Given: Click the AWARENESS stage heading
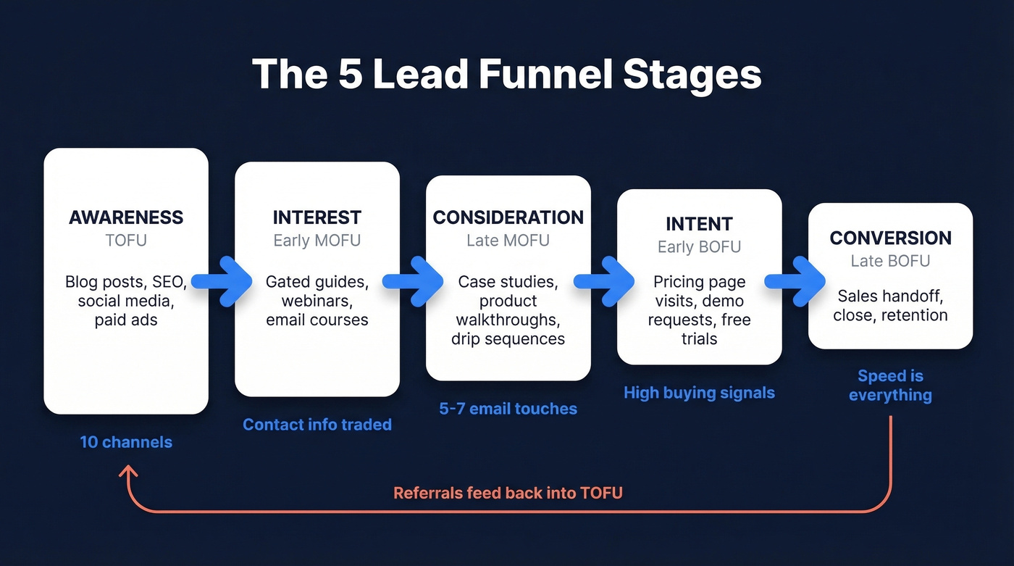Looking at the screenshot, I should pyautogui.click(x=126, y=217).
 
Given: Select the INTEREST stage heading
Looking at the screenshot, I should pyautogui.click(x=317, y=217).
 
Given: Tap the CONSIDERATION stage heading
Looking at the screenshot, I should pyautogui.click(x=508, y=217).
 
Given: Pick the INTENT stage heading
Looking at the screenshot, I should pyautogui.click(x=699, y=224).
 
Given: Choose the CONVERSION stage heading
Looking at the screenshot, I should pyautogui.click(x=890, y=238).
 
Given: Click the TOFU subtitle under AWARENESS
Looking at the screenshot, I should pyautogui.click(x=126, y=241).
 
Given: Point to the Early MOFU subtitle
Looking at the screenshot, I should pyautogui.click(x=317, y=241).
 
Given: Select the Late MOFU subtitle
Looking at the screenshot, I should pyautogui.click(x=508, y=241).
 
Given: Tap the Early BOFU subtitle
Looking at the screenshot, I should pyautogui.click(x=699, y=247).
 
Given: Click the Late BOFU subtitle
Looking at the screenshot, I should pyautogui.click(x=890, y=261).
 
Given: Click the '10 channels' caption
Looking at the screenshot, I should pyautogui.click(x=126, y=441).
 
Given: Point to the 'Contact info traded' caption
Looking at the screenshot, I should pyautogui.click(x=317, y=425).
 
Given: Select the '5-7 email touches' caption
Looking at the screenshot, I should pyautogui.click(x=508, y=409).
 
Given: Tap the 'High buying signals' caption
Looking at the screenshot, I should pyautogui.click(x=699, y=393).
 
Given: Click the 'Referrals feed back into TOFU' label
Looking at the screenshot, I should pyautogui.click(x=508, y=493).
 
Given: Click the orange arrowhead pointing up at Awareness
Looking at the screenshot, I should pyautogui.click(x=129, y=472).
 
